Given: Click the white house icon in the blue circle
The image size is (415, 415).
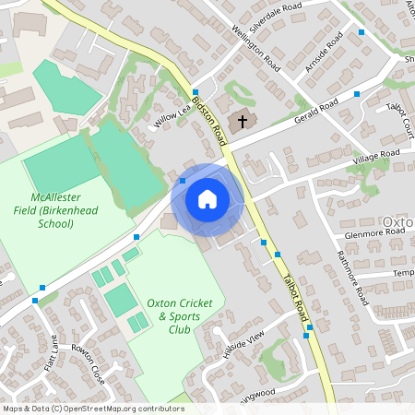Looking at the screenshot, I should click(x=207, y=198).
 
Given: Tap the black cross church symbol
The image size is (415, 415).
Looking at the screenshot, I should click(x=243, y=121).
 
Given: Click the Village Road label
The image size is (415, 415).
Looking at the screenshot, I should click(x=376, y=156).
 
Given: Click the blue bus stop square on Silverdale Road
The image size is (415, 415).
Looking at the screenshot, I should click(x=362, y=31).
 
